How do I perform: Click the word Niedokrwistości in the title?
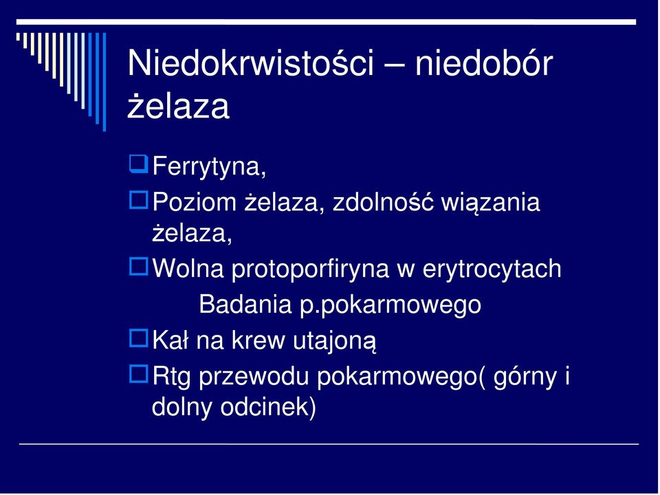click(250, 63)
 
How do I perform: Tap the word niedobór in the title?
click(483, 63)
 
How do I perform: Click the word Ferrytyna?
click(209, 166)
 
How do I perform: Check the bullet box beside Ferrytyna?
click(138, 164)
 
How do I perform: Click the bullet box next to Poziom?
click(138, 200)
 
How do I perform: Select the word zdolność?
click(383, 202)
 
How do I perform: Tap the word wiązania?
click(490, 203)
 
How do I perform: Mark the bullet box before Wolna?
click(138, 267)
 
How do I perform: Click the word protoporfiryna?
click(310, 269)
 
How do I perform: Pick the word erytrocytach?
click(492, 269)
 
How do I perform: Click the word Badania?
click(245, 304)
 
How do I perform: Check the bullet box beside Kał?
click(138, 338)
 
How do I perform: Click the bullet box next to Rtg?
click(138, 374)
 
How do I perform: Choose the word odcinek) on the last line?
click(268, 408)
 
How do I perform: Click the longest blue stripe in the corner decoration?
click(104, 82)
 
